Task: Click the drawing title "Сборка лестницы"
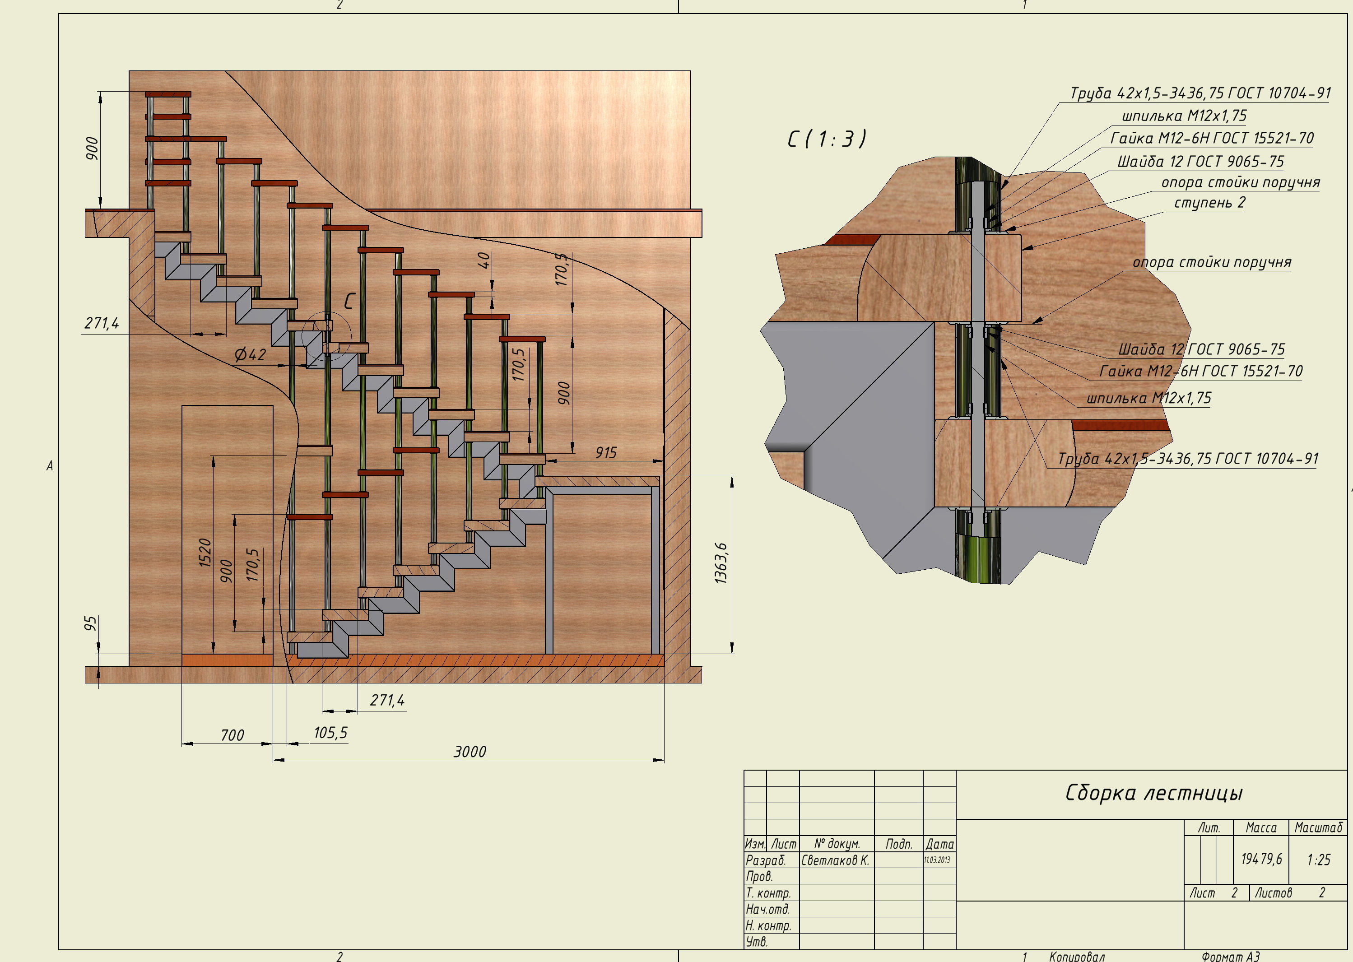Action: (1153, 793)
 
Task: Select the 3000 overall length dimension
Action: (470, 752)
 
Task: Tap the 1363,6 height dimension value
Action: (721, 563)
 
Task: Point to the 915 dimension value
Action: (606, 453)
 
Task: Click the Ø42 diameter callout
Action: (250, 355)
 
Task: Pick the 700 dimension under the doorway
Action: (232, 735)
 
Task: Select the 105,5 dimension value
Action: (330, 733)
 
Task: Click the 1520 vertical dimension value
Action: (205, 552)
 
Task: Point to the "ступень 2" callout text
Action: (1209, 203)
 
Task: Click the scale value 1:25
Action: (1319, 860)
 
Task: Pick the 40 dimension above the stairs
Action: (484, 260)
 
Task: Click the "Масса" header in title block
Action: (1261, 828)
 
